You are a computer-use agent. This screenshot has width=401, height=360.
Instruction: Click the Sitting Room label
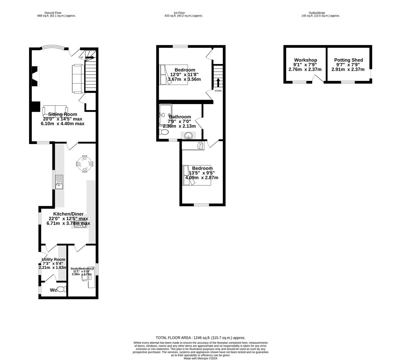click(x=62, y=114)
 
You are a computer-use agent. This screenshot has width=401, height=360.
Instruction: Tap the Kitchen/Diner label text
click(x=68, y=214)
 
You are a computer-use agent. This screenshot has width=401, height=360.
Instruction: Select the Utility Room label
click(x=53, y=259)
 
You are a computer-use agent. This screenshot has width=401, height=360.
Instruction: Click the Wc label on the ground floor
click(x=53, y=290)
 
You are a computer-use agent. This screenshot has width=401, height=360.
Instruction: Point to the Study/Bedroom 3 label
click(x=82, y=269)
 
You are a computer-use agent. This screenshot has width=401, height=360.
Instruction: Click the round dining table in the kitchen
click(x=85, y=164)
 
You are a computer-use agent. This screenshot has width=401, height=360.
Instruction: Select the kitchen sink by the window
click(x=59, y=182)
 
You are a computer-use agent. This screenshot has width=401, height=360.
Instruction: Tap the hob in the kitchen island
click(x=80, y=224)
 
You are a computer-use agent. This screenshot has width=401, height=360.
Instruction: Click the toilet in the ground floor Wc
click(x=61, y=290)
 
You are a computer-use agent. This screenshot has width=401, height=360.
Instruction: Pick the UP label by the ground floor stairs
click(x=81, y=57)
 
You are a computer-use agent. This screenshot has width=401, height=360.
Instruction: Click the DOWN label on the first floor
click(x=218, y=91)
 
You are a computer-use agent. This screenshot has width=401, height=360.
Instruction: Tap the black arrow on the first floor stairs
click(x=218, y=82)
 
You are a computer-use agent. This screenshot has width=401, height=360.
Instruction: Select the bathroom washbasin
click(x=188, y=135)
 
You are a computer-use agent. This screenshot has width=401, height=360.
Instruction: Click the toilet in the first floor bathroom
click(x=164, y=132)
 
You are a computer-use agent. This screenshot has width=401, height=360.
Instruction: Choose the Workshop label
click(x=305, y=60)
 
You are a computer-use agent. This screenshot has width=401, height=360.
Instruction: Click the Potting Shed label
click(x=348, y=60)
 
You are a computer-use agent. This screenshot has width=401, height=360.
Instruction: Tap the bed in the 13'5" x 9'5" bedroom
click(x=197, y=175)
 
